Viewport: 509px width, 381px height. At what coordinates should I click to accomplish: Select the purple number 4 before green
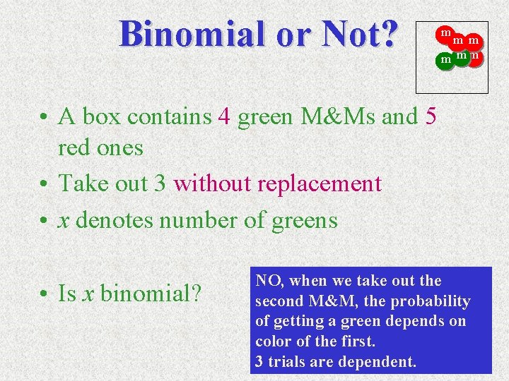pos(225,116)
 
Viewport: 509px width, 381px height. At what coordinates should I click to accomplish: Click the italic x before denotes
pos(64,220)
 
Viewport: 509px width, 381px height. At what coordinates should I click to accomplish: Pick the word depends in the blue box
pos(420,322)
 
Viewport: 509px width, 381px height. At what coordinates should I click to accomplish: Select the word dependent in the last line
pos(380,363)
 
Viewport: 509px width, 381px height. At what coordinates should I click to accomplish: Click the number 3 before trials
pos(259,363)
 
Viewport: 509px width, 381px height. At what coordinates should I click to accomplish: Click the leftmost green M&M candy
pos(445,60)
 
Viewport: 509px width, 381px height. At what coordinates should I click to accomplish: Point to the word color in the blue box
pos(273,342)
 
